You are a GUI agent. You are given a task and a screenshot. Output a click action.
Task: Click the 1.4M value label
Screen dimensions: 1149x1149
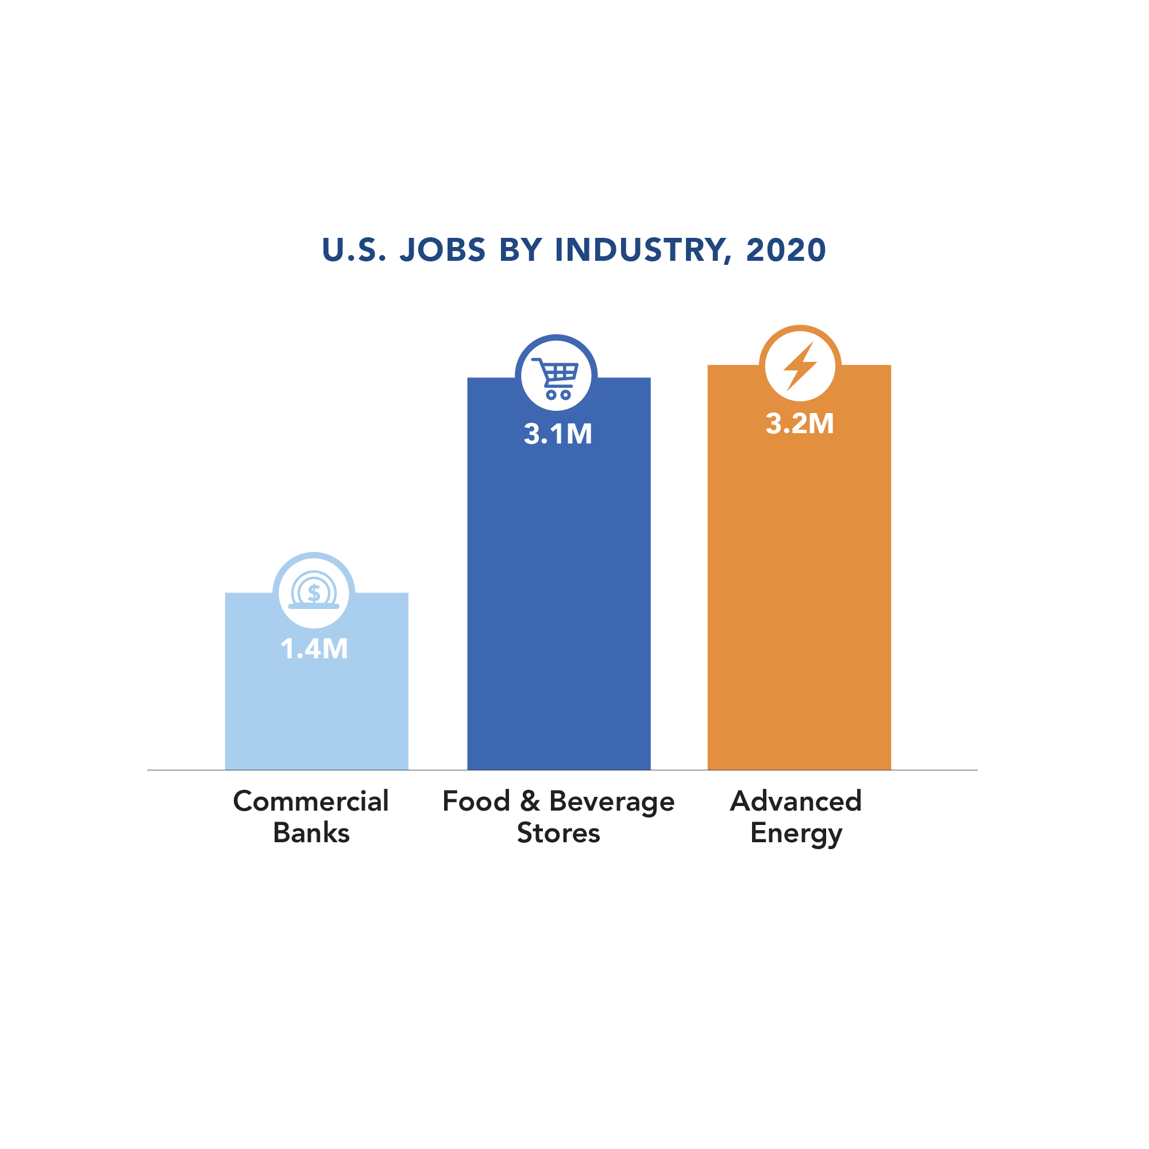[x=314, y=649]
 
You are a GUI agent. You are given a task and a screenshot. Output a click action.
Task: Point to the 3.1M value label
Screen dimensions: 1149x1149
[x=558, y=434]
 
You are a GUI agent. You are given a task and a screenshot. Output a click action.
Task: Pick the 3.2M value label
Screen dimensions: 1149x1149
[x=800, y=424]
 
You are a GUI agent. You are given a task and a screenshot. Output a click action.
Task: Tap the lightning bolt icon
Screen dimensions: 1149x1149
[x=800, y=367]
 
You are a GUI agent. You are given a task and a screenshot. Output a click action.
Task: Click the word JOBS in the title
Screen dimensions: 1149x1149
[x=443, y=250]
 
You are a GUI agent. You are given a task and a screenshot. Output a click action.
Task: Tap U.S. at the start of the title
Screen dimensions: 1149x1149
[x=354, y=250]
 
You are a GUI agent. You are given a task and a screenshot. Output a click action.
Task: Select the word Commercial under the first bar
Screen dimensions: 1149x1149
[x=311, y=801]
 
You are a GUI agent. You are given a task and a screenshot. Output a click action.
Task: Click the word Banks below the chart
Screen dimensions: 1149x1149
[x=311, y=832]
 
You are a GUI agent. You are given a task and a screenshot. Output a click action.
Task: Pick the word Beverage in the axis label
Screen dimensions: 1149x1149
[x=611, y=801]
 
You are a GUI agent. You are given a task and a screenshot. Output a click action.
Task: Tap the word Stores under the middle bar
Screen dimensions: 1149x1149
[x=558, y=832]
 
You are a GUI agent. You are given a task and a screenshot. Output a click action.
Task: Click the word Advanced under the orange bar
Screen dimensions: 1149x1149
[x=796, y=801]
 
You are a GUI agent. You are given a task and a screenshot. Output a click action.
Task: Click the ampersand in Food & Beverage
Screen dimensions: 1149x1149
[x=529, y=801]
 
